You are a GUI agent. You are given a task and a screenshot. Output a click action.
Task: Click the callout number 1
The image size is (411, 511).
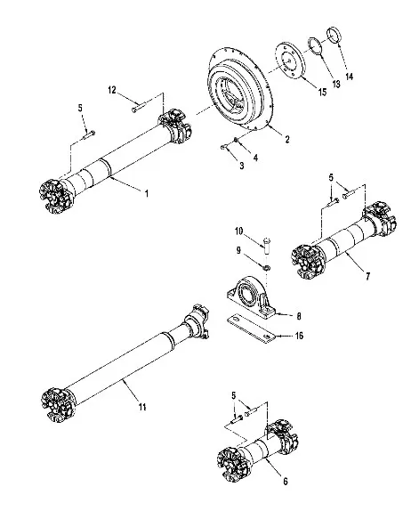pos(147,193)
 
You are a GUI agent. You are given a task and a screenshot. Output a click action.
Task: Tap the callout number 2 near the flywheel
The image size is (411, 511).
pos(287,140)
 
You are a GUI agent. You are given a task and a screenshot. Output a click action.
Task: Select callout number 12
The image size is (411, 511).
pos(112,90)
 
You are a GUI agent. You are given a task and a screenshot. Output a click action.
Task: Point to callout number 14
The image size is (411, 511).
pos(349,77)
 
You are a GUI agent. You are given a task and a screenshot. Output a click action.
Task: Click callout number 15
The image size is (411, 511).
pos(322,93)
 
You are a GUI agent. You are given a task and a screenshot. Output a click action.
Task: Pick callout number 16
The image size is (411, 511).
pos(299,336)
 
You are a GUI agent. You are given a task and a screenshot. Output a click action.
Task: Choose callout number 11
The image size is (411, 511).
pos(142,407)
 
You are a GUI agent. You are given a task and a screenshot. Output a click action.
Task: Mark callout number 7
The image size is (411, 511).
pos(367,276)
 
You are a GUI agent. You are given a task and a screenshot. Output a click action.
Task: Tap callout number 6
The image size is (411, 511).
pos(286,482)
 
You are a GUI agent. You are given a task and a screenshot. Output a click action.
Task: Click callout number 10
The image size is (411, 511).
pos(238,231)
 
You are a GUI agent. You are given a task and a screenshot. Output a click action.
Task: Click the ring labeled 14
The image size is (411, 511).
pos(334,36)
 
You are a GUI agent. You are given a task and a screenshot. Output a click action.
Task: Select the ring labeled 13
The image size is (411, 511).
pos(315,47)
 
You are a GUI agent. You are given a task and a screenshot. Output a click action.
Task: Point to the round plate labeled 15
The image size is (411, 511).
pos(290,61)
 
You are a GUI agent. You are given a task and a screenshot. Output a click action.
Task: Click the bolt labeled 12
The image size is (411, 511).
pos(139,108)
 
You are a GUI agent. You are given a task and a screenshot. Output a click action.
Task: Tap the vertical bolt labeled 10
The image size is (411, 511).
pos(268,247)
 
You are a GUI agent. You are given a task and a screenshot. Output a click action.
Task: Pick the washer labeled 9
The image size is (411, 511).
pos(266,268)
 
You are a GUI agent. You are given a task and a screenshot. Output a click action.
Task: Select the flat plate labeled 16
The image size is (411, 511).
pos(251,328)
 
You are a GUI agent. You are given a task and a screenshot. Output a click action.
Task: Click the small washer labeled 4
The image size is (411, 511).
pos(235,141)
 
